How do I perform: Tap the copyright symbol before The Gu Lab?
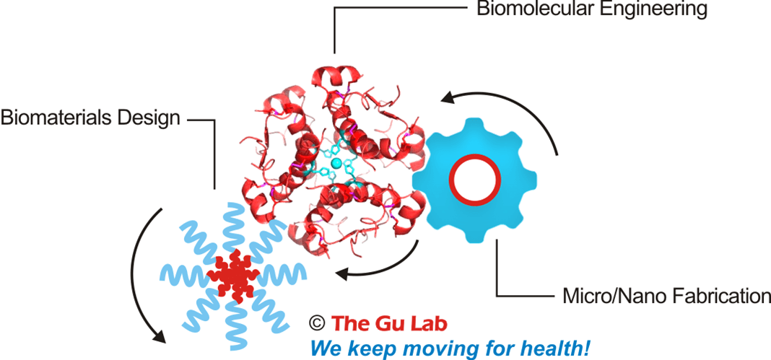(x=316, y=322)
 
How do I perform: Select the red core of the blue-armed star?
(x=233, y=275)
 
